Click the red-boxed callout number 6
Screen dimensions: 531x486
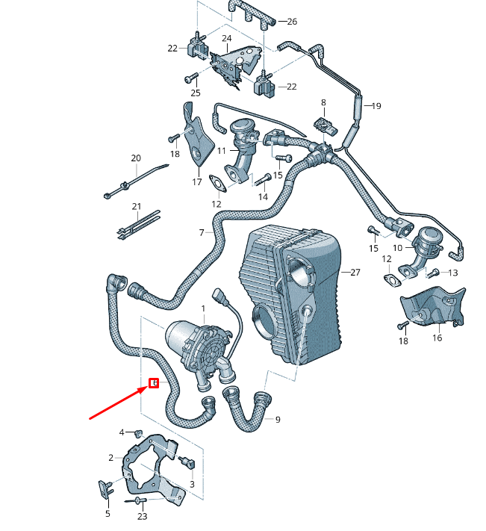pos(154,384)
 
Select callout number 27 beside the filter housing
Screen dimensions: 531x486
pos(355,273)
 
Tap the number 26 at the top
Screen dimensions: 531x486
pos(291,22)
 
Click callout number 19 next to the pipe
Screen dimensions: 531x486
pos(376,106)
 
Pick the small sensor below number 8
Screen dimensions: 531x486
pos(326,123)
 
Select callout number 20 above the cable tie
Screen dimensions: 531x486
pos(135,158)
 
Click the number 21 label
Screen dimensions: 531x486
pos(136,206)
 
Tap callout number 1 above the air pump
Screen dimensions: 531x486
pos(202,308)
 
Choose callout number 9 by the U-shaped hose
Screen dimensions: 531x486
pos(278,420)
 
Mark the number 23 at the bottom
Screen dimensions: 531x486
pos(142,516)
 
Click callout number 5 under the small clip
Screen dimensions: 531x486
pos(107,513)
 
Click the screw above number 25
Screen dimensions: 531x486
pos(190,77)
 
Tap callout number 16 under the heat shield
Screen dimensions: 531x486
pos(437,338)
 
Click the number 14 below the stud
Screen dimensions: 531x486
pos(263,196)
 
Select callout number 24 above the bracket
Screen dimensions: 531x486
pos(226,38)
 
